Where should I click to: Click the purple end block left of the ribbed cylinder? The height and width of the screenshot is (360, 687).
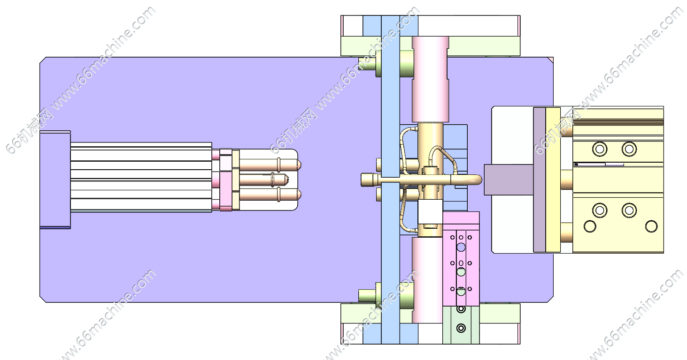point(55,180)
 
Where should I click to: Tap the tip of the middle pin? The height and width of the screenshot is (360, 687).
point(288,180)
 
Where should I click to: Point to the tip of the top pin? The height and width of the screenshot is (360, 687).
point(301,165)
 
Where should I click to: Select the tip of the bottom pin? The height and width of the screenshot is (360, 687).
point(301,195)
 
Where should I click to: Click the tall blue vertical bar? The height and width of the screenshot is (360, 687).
point(390,180)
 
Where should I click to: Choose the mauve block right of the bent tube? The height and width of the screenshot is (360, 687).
point(509,180)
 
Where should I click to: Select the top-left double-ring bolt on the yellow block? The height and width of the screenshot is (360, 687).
point(600,150)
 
